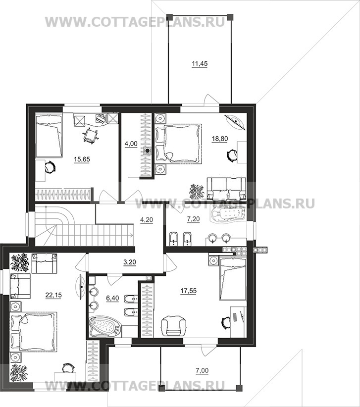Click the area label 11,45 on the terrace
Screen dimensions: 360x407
(x=200, y=63)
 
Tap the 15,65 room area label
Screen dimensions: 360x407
(x=82, y=159)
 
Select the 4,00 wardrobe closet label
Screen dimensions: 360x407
(x=131, y=144)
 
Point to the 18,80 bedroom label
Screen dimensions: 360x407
(x=219, y=139)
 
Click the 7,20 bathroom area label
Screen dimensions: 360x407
(x=193, y=219)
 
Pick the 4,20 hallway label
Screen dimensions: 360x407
(x=147, y=220)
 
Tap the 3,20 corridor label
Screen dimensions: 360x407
(x=130, y=262)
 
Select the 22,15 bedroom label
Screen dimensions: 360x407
(x=53, y=295)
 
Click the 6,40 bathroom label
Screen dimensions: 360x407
(x=112, y=298)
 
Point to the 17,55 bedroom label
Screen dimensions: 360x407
(x=189, y=291)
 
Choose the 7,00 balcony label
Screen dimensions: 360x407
(x=202, y=371)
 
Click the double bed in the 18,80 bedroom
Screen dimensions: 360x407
(x=179, y=144)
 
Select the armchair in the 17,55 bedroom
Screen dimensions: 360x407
(x=174, y=326)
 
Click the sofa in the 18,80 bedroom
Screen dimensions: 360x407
(x=226, y=187)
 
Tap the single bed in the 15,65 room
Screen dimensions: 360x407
(x=49, y=135)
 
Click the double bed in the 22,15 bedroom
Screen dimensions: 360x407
(x=33, y=332)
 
